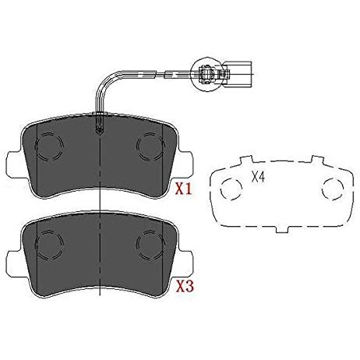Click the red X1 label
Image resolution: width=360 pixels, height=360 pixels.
tap(184, 189)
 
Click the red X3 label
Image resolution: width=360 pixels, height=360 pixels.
tap(185, 286)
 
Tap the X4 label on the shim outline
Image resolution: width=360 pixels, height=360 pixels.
tap(258, 177)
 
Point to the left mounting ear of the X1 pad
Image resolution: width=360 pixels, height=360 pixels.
tap(13, 164)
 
